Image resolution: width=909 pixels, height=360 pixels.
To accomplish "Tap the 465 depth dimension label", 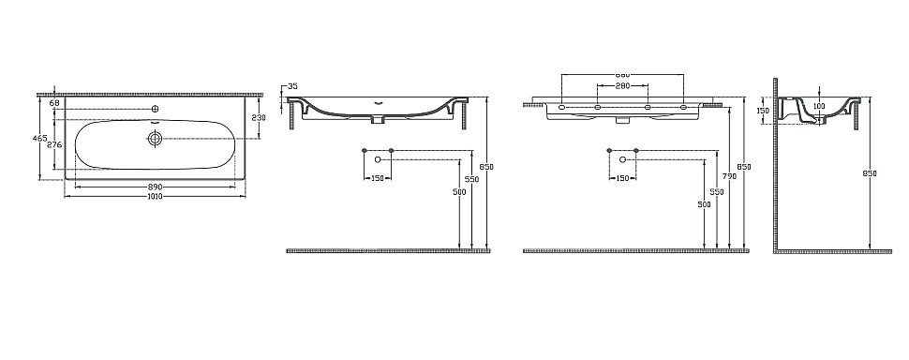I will coord(39,138).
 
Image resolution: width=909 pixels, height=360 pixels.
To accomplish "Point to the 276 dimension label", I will coord(54,144).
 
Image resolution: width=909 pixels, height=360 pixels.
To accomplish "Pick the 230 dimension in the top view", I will coord(260,117).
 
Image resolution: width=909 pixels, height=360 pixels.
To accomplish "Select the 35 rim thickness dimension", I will coord(291,86).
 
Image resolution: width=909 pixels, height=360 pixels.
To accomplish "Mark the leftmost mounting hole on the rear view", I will coord(561,108).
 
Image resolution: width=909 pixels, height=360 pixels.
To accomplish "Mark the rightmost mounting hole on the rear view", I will coord(683,108).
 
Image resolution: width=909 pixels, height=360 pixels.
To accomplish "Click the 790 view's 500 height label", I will coord(704,203).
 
